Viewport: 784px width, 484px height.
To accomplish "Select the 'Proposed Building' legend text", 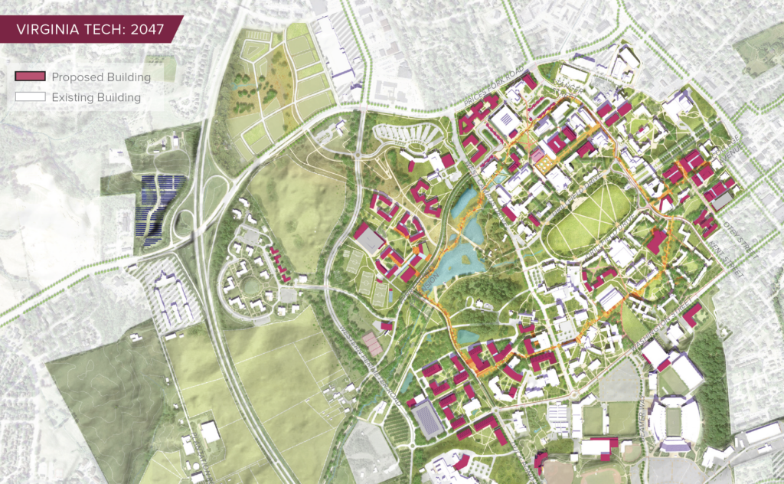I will click(x=101, y=77).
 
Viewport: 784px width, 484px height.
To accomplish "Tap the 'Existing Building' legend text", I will click(x=96, y=97).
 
